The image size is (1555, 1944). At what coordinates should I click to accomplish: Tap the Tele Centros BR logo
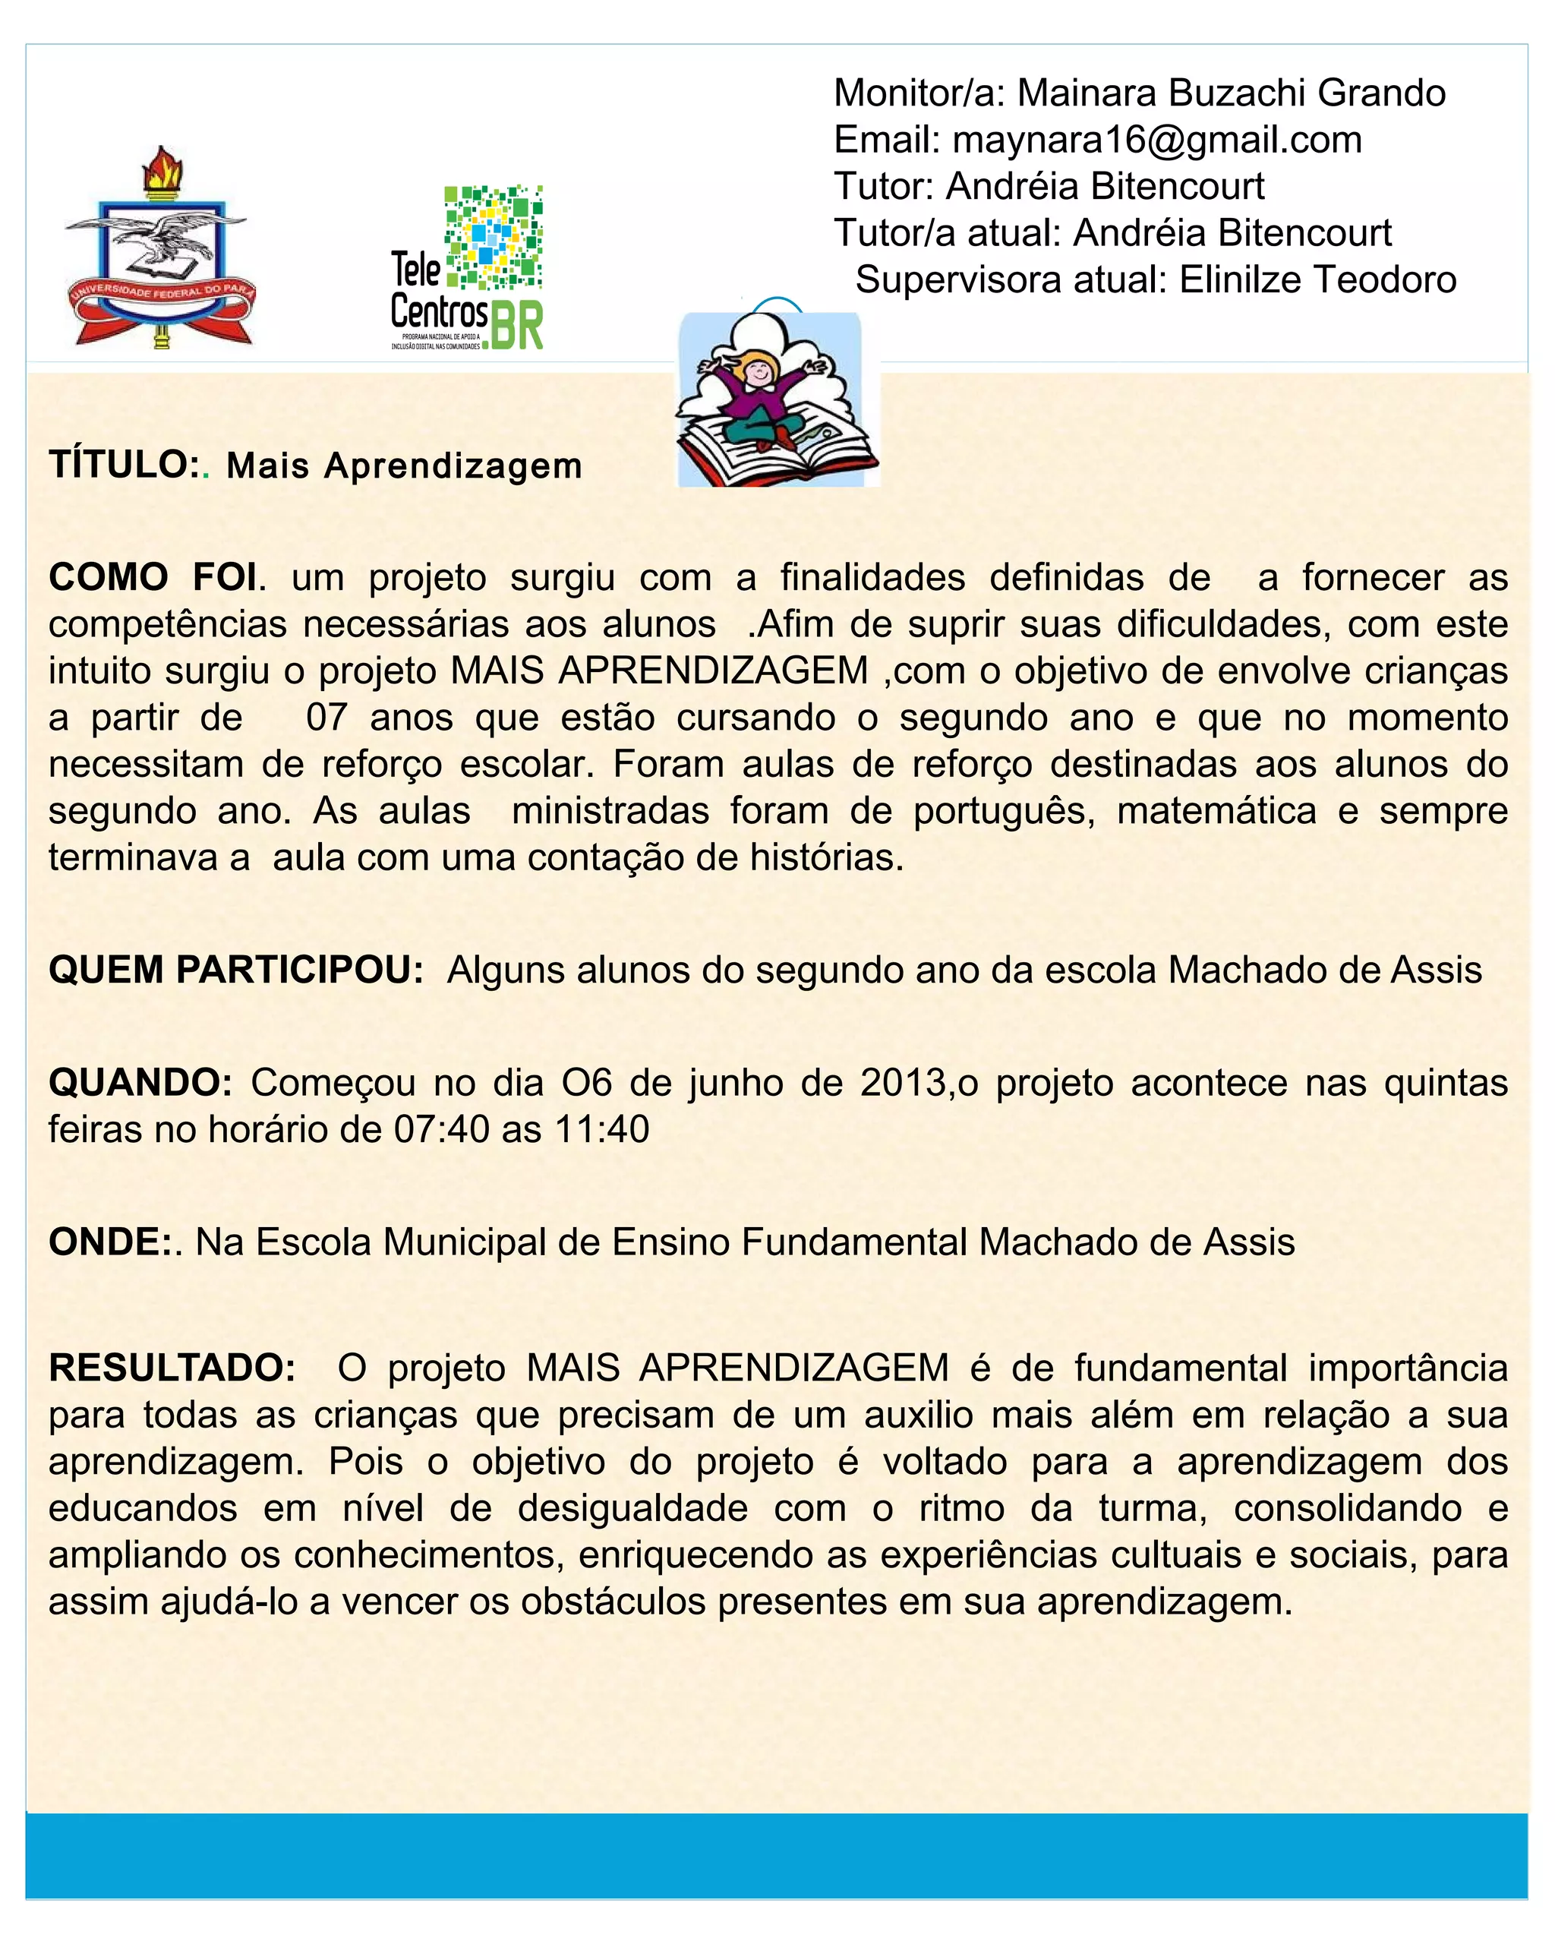point(467,269)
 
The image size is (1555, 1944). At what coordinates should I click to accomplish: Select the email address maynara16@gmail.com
point(1156,140)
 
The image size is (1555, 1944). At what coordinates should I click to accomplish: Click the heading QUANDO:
point(140,1082)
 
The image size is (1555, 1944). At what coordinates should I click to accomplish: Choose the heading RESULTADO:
point(172,1367)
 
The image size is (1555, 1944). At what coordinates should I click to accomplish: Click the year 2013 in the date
point(902,1082)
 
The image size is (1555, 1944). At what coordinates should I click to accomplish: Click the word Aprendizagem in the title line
point(453,466)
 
